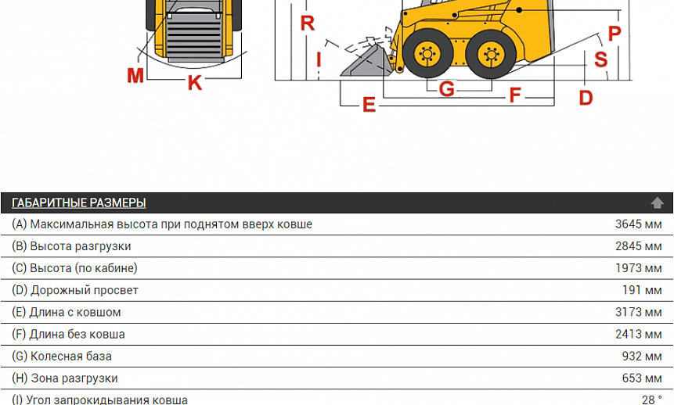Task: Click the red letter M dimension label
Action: [135, 76]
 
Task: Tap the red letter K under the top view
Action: [195, 82]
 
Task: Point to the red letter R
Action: [308, 23]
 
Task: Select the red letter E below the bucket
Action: [369, 104]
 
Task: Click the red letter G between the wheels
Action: [447, 89]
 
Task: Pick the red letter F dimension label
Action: [515, 95]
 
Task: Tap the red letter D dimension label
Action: [586, 98]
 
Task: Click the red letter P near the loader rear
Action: [615, 34]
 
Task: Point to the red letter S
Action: [601, 59]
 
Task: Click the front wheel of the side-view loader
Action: [427, 54]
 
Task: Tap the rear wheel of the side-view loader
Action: [491, 55]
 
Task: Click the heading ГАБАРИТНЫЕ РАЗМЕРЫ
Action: [78, 202]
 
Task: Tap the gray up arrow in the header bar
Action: [657, 202]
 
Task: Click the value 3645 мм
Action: [638, 224]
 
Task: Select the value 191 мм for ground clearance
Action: [642, 290]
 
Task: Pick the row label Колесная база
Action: [71, 357]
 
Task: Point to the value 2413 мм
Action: [638, 334]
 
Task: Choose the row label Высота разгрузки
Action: [81, 246]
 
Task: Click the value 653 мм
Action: [642, 378]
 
